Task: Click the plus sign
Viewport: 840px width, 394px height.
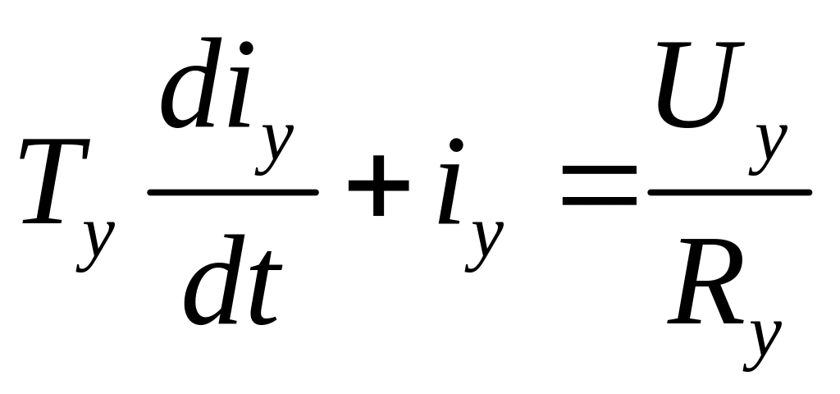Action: [x=378, y=188]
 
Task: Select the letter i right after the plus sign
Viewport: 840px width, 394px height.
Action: [x=451, y=193]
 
